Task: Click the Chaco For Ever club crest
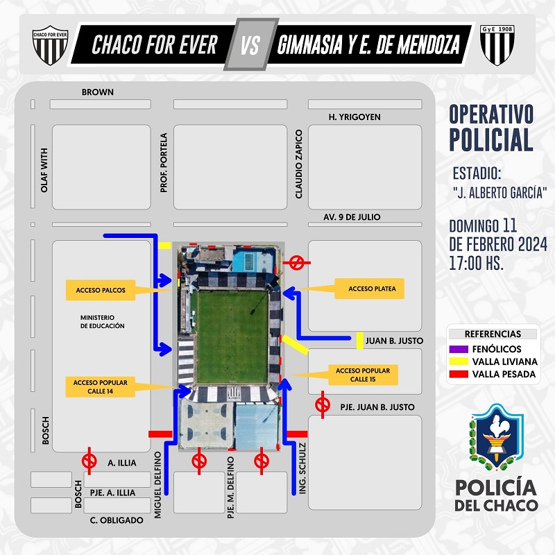tap(50, 45)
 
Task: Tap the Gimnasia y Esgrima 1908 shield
tap(497, 45)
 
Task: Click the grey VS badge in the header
tap(251, 44)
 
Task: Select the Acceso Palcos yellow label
tap(101, 290)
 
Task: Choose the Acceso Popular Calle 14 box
tap(100, 387)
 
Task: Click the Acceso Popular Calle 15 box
tap(363, 375)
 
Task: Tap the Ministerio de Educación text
tap(102, 322)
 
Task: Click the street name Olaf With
tap(44, 170)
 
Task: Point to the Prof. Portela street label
tap(163, 163)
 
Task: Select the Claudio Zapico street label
tap(299, 164)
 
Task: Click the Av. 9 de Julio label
tap(352, 217)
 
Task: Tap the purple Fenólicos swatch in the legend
tap(459, 349)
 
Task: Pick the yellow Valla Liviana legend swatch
tap(459, 361)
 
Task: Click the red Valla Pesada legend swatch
tap(459, 374)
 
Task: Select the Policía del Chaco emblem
tap(496, 438)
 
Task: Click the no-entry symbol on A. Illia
tap(89, 461)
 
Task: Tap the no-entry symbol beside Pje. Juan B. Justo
tap(323, 405)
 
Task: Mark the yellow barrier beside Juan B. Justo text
tap(359, 341)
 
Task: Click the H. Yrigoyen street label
tap(355, 117)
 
